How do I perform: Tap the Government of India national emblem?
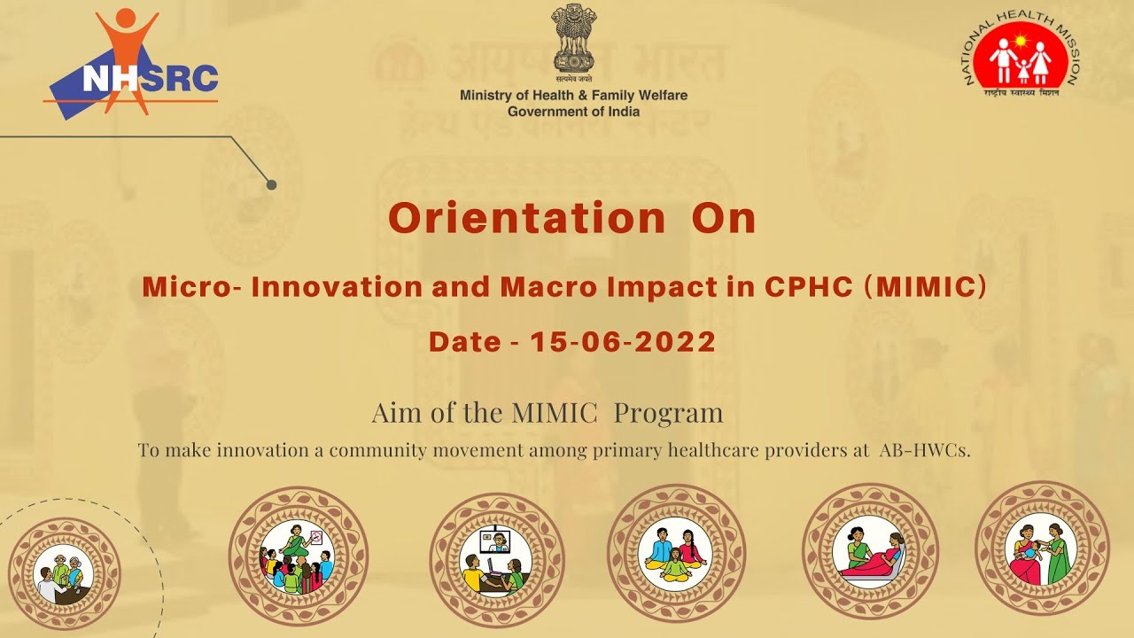point(573,37)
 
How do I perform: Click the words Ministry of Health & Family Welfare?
point(573,95)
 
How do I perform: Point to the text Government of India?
point(573,112)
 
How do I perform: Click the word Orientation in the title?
point(526,218)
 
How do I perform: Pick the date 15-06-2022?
point(623,342)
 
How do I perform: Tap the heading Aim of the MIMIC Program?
point(547,413)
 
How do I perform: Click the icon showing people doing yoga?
point(675,553)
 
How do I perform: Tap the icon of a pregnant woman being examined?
point(869,553)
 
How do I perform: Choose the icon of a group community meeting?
point(298,556)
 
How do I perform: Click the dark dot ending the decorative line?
point(272,184)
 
